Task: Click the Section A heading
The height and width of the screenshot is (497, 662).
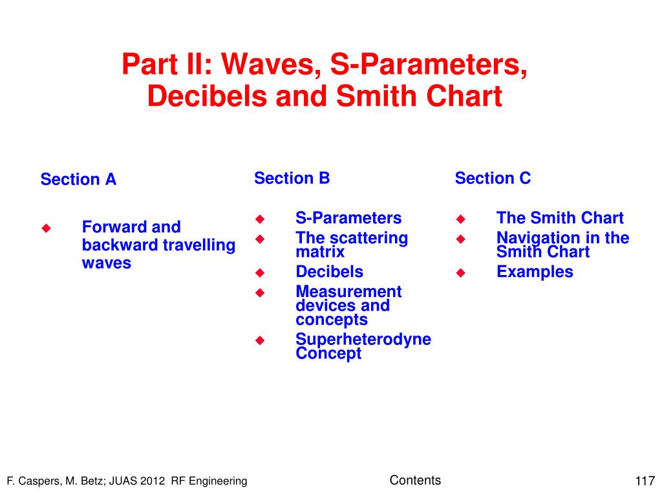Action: pos(78,179)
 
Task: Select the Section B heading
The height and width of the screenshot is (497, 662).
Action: pos(292,178)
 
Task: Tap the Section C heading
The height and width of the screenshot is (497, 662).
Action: pos(493,178)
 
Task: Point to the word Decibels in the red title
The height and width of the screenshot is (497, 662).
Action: pos(208,96)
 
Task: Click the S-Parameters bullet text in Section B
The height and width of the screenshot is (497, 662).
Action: pos(348,217)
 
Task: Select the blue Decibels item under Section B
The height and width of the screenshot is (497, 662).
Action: pos(329,271)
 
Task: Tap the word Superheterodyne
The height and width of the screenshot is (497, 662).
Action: pos(363,339)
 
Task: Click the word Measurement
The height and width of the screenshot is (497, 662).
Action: pos(348,291)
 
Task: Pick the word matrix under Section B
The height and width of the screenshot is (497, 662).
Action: pos(320,252)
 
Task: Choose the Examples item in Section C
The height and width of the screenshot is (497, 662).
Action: pos(535,271)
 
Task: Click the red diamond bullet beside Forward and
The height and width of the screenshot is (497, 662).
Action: pos(46,228)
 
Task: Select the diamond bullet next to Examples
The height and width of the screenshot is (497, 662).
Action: pos(460,273)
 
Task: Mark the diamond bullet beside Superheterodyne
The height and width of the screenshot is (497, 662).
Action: pos(260,340)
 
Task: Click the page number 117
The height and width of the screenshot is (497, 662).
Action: pos(645,481)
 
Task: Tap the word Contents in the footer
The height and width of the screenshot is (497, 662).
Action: pos(415,480)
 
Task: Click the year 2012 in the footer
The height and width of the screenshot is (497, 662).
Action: pos(153,481)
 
